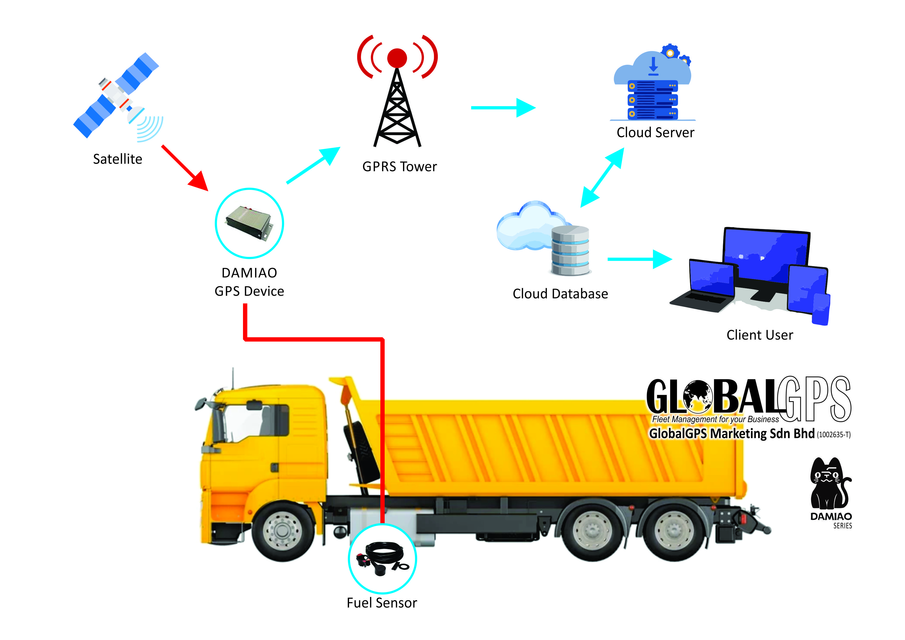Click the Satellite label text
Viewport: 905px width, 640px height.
point(117,159)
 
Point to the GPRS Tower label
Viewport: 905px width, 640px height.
point(399,167)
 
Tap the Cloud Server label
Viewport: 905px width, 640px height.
point(655,133)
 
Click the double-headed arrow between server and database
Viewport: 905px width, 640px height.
point(602,177)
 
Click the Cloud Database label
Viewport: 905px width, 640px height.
point(560,294)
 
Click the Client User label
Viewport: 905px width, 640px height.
point(759,335)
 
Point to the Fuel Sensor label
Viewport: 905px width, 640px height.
point(382,603)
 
